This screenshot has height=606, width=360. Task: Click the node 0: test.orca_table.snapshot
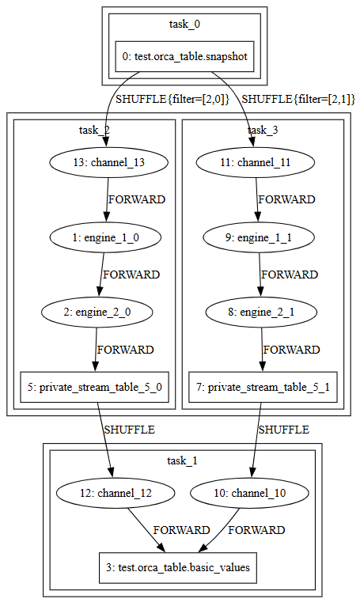[x=185, y=56]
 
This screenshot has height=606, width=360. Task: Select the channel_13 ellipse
[x=108, y=162]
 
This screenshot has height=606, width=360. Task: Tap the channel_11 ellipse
[x=256, y=162]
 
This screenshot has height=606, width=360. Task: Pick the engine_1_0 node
[x=105, y=237]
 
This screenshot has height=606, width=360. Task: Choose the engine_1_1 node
[x=259, y=237]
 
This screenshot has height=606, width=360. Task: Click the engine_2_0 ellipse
[x=97, y=312]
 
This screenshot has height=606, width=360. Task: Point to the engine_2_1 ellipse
[x=261, y=312]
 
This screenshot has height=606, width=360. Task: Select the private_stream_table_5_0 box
[x=94, y=387]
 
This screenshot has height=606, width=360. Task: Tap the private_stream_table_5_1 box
[x=263, y=387]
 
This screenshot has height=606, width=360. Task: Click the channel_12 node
[x=116, y=493]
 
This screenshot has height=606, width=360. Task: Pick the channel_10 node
[x=250, y=493]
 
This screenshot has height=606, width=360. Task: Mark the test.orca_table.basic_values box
[x=178, y=568]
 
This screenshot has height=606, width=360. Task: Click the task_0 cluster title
[x=185, y=24]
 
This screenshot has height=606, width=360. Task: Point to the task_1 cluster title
[x=183, y=460]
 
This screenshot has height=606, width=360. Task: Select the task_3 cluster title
[x=263, y=130]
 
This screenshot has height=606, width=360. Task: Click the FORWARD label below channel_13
[x=137, y=199]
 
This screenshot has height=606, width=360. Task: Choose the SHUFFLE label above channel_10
[x=284, y=430]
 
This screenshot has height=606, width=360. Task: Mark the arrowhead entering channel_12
[x=111, y=472]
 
